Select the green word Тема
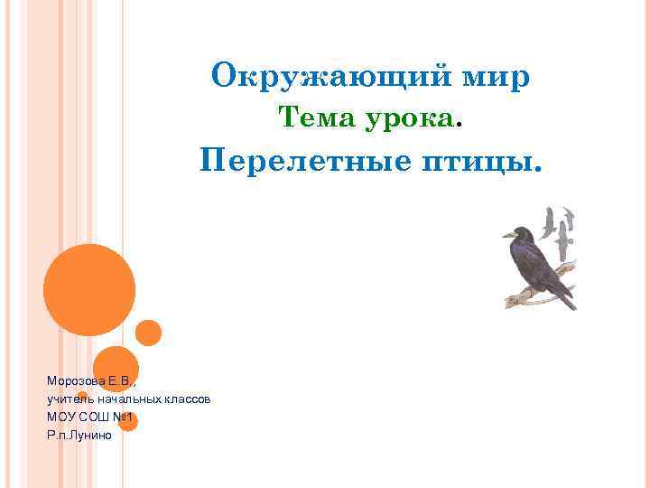click(316, 117)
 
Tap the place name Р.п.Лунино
click(79, 435)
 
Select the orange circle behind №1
click(128, 421)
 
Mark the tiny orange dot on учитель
click(82, 396)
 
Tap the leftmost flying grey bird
click(549, 221)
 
